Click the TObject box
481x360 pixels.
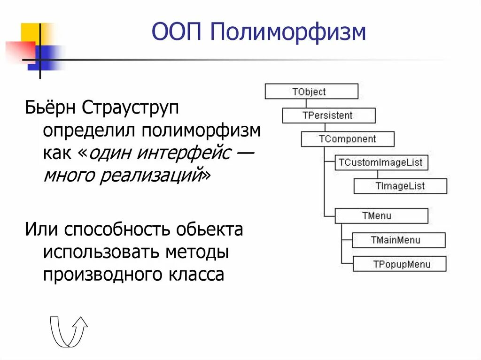point(311,92)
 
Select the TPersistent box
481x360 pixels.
point(328,115)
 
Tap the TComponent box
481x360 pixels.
point(347,139)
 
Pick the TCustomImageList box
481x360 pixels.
point(381,163)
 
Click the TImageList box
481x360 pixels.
point(400,186)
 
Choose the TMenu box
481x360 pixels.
point(381,216)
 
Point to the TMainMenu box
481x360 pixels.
point(398,240)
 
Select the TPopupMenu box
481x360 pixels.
point(398,264)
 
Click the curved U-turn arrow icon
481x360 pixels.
point(69,330)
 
